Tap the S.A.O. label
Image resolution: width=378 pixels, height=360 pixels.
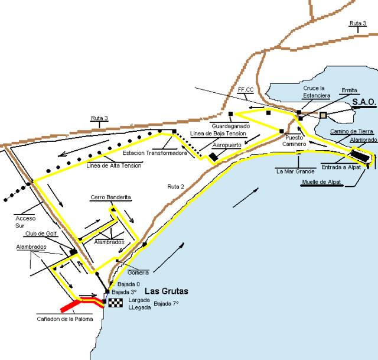[x=364, y=102]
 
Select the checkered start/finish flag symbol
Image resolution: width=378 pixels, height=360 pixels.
[x=111, y=303]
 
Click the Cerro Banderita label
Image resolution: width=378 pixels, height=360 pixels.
[x=110, y=197]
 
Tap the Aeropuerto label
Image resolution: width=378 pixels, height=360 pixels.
[x=226, y=145]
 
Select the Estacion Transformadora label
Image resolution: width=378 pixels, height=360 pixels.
[x=155, y=153]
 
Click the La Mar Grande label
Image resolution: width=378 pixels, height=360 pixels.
[x=295, y=171]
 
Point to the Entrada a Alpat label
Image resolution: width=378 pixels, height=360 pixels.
[x=341, y=167]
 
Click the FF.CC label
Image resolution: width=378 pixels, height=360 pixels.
[x=246, y=89]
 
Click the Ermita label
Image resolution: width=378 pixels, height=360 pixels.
[x=349, y=90]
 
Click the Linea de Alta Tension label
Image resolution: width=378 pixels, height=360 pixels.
[x=113, y=165]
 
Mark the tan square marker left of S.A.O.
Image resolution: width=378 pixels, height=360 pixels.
[x=323, y=115]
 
